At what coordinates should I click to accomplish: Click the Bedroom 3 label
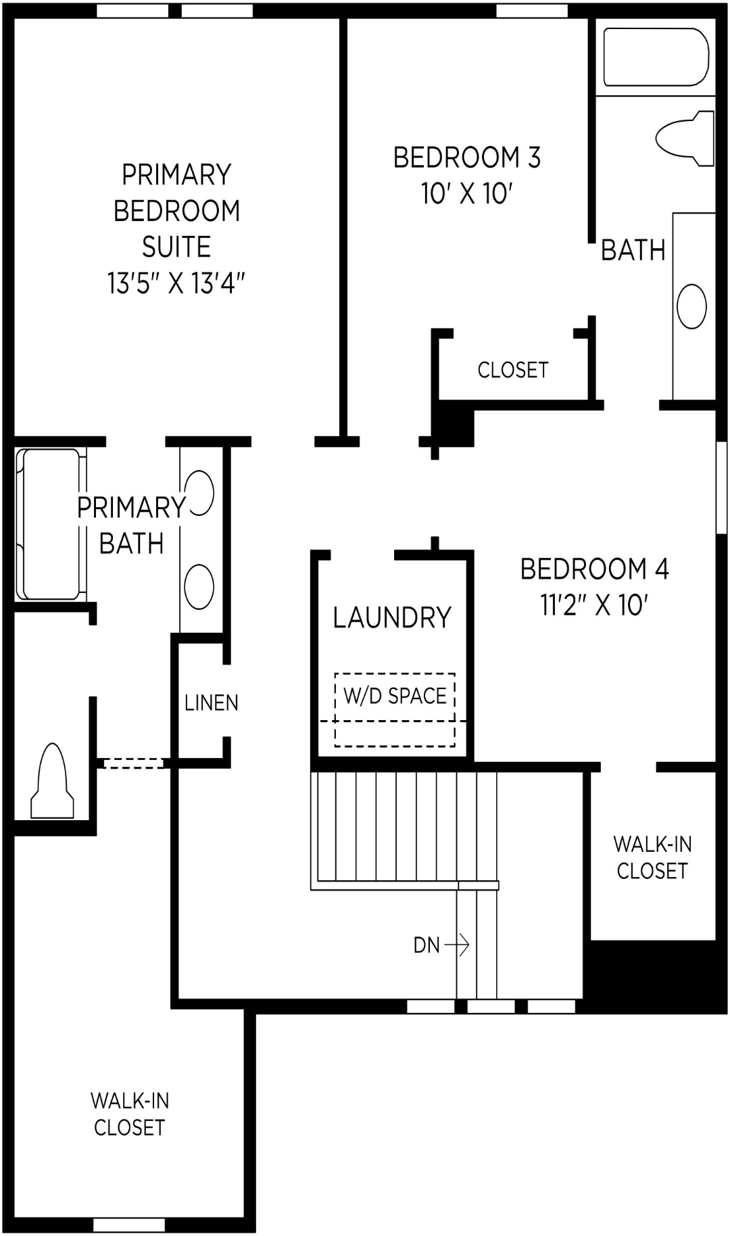tap(466, 158)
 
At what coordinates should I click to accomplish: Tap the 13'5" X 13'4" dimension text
tap(176, 283)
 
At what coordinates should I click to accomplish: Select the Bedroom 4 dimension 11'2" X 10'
tap(594, 605)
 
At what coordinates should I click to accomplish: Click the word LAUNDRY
tap(392, 617)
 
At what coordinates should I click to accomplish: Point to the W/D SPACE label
tap(395, 696)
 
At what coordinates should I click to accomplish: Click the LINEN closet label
tap(212, 703)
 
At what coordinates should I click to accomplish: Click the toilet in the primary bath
tap(52, 784)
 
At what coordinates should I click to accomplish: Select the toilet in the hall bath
tap(686, 139)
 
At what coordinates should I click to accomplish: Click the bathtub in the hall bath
tap(655, 57)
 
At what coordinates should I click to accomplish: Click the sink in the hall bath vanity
tap(691, 306)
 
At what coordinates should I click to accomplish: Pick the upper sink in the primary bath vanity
tap(200, 493)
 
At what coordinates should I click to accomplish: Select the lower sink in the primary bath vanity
tap(199, 586)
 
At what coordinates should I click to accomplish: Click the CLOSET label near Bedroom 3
tap(512, 370)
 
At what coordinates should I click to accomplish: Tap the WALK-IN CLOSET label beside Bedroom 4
tap(652, 857)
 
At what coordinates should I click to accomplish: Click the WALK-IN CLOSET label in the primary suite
tap(129, 1114)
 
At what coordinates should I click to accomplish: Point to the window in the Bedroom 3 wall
tap(532, 10)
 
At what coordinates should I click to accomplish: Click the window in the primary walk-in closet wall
tap(128, 1225)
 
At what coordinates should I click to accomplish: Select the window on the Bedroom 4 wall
tap(721, 487)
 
